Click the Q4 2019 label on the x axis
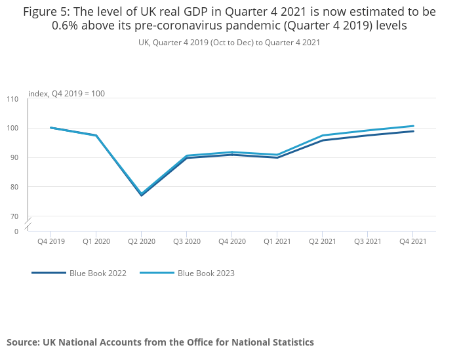(51, 242)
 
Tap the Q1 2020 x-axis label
(96, 242)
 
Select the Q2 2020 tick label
(142, 242)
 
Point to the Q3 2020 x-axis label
(187, 242)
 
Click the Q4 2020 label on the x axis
(232, 242)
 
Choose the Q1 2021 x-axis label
(277, 242)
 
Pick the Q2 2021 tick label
(323, 242)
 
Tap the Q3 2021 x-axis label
(368, 242)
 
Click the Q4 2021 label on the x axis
(413, 242)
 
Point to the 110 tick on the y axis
(13, 99)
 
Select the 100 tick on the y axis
(13, 128)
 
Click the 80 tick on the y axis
(14, 187)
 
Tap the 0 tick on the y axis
(16, 231)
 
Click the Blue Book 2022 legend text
(98, 273)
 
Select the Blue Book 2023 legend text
(206, 273)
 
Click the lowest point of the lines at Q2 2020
(142, 195)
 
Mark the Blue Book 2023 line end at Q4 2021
(413, 126)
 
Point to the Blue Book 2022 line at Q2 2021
(323, 140)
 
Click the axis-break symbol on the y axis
(28, 224)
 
